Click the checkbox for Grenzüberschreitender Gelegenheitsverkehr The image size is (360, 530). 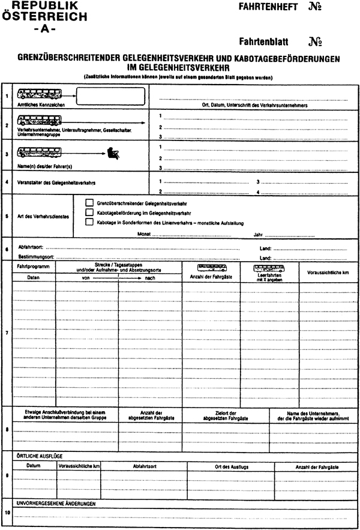pyautogui.click(x=90, y=203)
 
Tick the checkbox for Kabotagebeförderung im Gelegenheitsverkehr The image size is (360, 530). pyautogui.click(x=90, y=212)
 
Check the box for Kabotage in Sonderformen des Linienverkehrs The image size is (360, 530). pyautogui.click(x=90, y=222)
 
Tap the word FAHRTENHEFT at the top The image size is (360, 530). pyautogui.click(x=265, y=8)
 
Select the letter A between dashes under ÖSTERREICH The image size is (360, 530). pyautogui.click(x=46, y=29)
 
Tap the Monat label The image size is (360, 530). pyautogui.click(x=143, y=234)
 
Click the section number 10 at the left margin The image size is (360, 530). pyautogui.click(x=7, y=512)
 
